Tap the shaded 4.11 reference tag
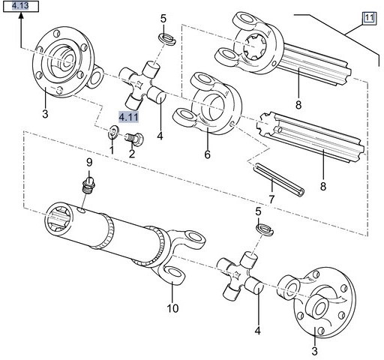pos(128,115)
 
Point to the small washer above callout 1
pos(112,133)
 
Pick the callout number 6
pos(207,155)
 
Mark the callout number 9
pos(88,163)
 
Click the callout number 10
pos(172,308)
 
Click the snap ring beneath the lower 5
pos(262,227)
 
